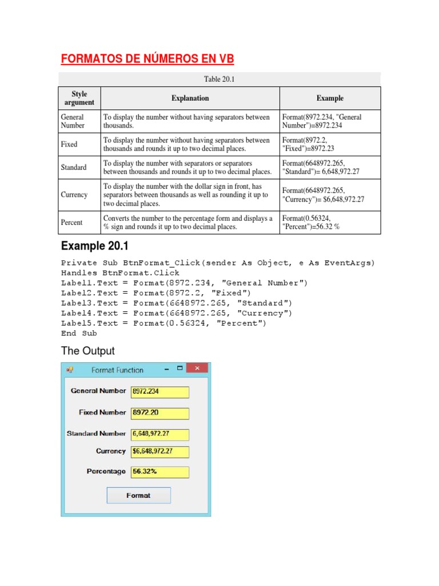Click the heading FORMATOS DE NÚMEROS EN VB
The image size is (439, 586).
click(x=147, y=60)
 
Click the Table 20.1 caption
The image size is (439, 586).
click(x=220, y=79)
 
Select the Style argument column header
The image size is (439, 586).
click(x=79, y=98)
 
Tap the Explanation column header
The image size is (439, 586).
click(x=190, y=98)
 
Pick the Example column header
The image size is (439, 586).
click(x=330, y=98)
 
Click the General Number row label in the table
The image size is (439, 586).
click(x=73, y=121)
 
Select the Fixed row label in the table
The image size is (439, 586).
click(x=69, y=144)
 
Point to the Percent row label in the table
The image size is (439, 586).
click(x=71, y=223)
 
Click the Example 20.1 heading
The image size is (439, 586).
click(x=95, y=246)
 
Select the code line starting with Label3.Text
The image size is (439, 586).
click(x=177, y=303)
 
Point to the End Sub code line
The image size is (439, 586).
click(x=79, y=333)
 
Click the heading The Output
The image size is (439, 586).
click(x=88, y=351)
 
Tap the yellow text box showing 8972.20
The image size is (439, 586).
click(x=160, y=413)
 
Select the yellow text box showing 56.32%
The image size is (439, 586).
click(x=160, y=472)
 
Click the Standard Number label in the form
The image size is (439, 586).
click(x=96, y=434)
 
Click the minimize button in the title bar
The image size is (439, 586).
click(x=167, y=370)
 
